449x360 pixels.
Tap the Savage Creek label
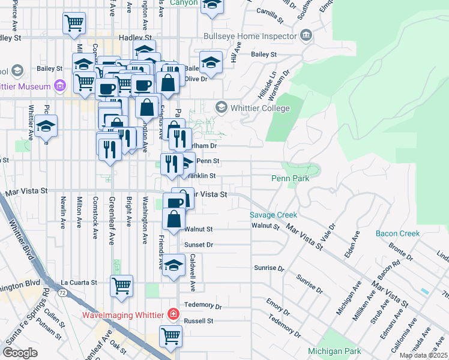274,215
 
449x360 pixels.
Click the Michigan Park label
334,350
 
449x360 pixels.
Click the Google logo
20,352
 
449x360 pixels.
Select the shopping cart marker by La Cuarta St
121,285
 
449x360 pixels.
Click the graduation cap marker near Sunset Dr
173,265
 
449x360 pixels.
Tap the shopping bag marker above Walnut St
173,218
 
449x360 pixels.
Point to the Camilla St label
269,11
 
